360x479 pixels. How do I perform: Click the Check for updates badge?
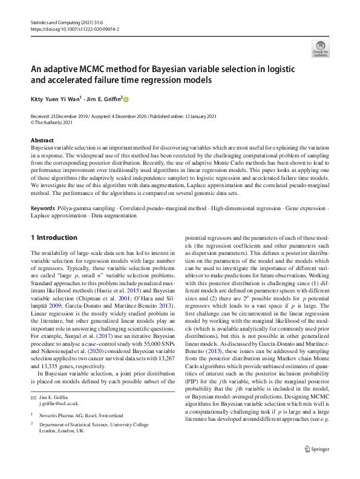pyautogui.click(x=319, y=48)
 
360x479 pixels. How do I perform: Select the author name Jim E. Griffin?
pyautogui.click(x=105, y=99)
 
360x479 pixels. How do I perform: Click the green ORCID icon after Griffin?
pyautogui.click(x=126, y=99)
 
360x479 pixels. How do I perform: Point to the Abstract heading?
pyautogui.click(x=42, y=140)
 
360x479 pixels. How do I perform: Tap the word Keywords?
pyautogui.click(x=43, y=208)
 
